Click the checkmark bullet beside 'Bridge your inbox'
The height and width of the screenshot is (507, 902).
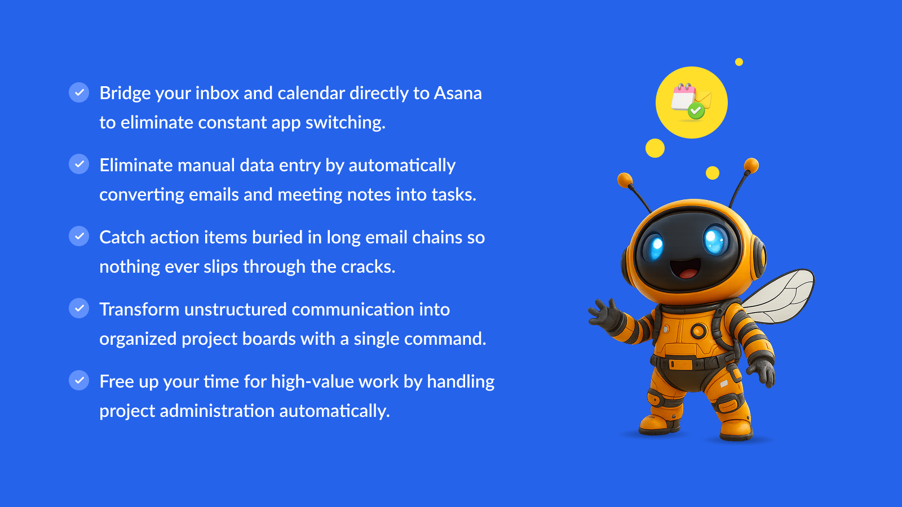pos(79,92)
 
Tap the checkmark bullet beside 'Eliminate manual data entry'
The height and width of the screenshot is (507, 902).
pos(79,164)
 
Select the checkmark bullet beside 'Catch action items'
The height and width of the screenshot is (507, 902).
pos(79,236)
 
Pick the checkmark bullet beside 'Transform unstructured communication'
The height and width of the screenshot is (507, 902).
pos(79,308)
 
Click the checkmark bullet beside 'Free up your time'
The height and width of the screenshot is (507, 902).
pos(79,380)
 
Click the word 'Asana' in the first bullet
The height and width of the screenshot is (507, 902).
pos(457,94)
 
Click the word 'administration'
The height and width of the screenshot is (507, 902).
pos(216,411)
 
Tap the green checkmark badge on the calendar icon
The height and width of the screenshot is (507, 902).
pos(696,110)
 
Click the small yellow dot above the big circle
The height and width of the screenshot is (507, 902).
pos(739,62)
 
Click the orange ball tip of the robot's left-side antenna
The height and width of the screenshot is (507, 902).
pos(625,180)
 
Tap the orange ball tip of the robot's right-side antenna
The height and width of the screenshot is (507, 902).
pos(751,166)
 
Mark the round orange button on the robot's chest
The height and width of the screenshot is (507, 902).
pos(698,331)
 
